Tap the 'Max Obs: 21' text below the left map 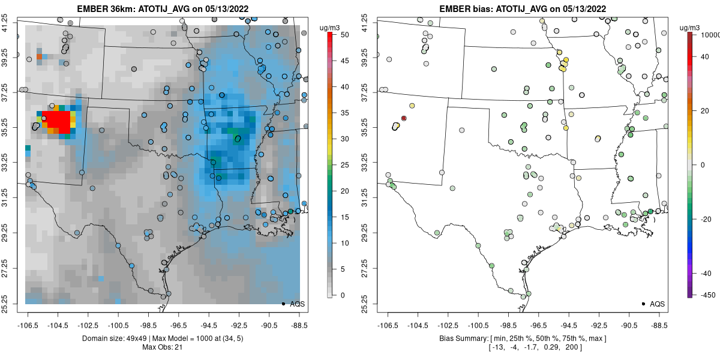[x=162, y=347]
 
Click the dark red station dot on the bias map [x=404, y=118]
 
